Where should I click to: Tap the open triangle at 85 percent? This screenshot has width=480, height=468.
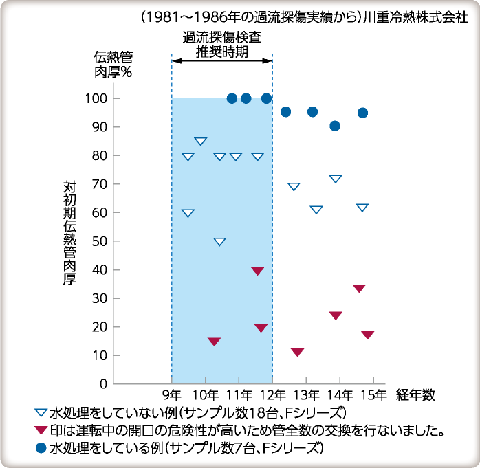pos(201,142)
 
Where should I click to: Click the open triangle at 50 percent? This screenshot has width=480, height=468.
pos(219,241)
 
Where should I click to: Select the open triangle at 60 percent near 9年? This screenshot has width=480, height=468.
pos(188,213)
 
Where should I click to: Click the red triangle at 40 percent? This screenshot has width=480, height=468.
pos(258,271)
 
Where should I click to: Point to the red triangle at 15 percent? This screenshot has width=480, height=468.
pos(214,342)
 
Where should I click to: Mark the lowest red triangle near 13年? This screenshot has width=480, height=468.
pos(297,353)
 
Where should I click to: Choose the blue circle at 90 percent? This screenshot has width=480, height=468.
pos(335,126)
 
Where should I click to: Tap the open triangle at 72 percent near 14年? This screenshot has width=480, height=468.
pos(336,179)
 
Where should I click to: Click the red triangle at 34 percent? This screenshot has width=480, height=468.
pos(359,288)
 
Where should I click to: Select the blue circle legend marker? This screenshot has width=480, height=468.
pos(41,447)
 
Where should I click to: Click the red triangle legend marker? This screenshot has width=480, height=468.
pos(41,431)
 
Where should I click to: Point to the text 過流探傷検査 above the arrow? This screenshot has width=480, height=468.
pos(221,38)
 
